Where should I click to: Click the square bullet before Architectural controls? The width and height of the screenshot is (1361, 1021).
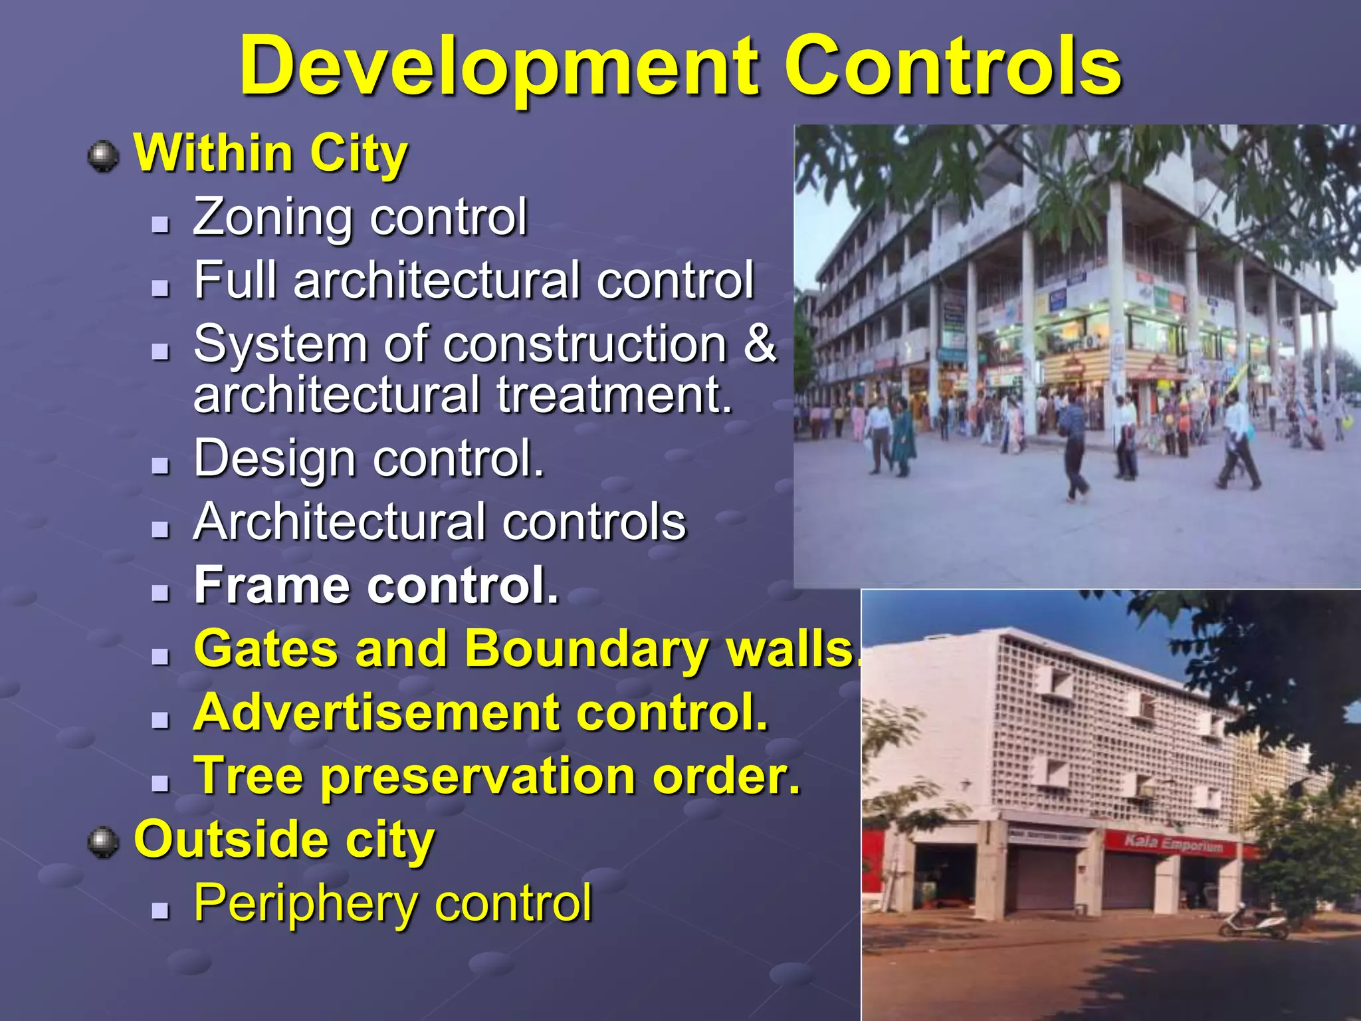click(160, 529)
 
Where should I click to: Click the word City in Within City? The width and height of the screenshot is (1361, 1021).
click(358, 154)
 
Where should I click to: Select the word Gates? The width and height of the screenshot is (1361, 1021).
click(266, 649)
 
